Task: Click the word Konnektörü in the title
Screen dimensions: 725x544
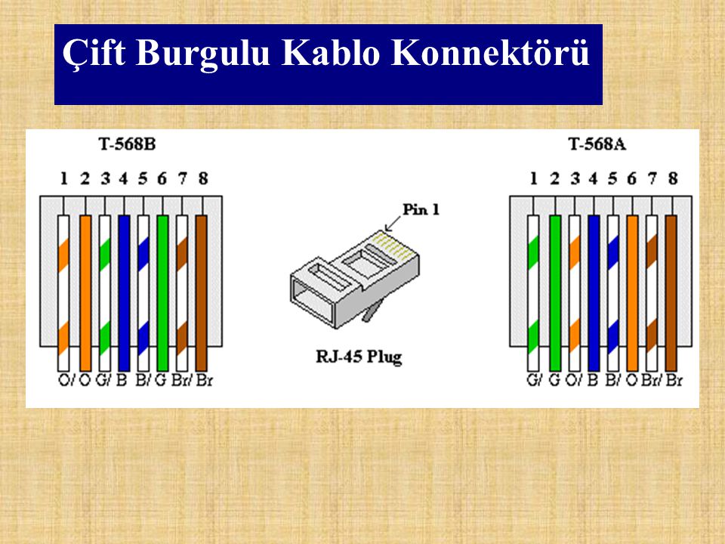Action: pyautogui.click(x=490, y=53)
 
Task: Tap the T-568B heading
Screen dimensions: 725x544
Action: pyautogui.click(x=127, y=144)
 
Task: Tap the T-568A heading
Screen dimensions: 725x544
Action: pyautogui.click(x=597, y=144)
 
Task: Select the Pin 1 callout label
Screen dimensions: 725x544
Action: pyautogui.click(x=421, y=209)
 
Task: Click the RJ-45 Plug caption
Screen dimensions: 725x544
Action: pyautogui.click(x=359, y=357)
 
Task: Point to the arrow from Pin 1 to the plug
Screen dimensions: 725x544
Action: pyautogui.click(x=393, y=224)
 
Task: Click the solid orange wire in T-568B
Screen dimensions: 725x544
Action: pyautogui.click(x=85, y=293)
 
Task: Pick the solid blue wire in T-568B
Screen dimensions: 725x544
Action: pyautogui.click(x=124, y=293)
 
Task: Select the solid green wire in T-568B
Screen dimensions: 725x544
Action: pyautogui.click(x=162, y=293)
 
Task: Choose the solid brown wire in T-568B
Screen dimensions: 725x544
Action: pyautogui.click(x=201, y=293)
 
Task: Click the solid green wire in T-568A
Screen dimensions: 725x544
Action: pyautogui.click(x=555, y=293)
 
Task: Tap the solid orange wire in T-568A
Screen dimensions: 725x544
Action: pyautogui.click(x=632, y=293)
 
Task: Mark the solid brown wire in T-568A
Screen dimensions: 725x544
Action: pyautogui.click(x=671, y=293)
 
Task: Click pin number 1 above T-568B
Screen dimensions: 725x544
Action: pyautogui.click(x=63, y=178)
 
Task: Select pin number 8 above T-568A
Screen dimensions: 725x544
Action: pyautogui.click(x=673, y=178)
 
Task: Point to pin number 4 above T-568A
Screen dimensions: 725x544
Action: pyautogui.click(x=594, y=178)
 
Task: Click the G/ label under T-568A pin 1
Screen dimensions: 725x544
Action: pyautogui.click(x=534, y=380)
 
